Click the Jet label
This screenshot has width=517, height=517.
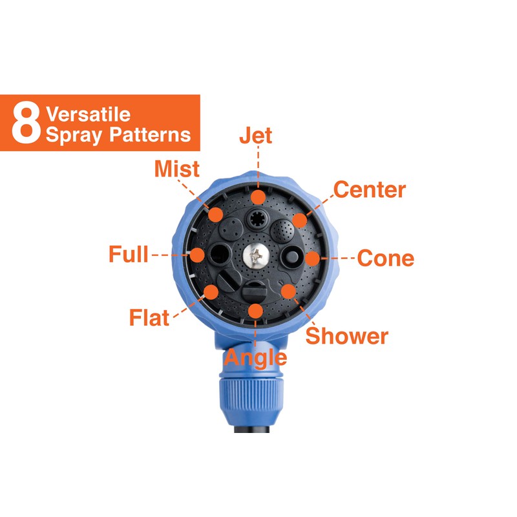pyautogui.click(x=255, y=136)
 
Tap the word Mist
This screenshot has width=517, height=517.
pyautogui.click(x=177, y=169)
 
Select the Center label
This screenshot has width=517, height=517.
pyautogui.click(x=370, y=189)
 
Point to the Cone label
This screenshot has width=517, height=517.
pyautogui.click(x=386, y=258)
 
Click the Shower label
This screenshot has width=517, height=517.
pyautogui.click(x=347, y=336)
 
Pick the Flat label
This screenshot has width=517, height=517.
pyautogui.click(x=149, y=317)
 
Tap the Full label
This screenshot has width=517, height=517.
pyautogui.click(x=129, y=254)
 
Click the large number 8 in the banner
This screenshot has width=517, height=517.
pyautogui.click(x=26, y=123)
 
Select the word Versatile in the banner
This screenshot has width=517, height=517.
pyautogui.click(x=88, y=114)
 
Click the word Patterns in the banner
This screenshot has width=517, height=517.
pyautogui.click(x=150, y=135)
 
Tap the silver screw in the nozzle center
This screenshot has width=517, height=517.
pyautogui.click(x=256, y=256)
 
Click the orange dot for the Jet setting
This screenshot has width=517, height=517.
pyautogui.click(x=258, y=197)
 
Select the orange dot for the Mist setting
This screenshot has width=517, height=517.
pyautogui.click(x=216, y=215)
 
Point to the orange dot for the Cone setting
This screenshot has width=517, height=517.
pyautogui.click(x=313, y=258)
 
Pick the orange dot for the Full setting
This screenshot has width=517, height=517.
pyautogui.click(x=197, y=255)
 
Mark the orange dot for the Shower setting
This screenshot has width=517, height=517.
pyautogui.click(x=288, y=291)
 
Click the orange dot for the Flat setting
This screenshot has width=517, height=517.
pyautogui.click(x=211, y=293)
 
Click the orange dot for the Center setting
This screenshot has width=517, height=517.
pyautogui.click(x=299, y=220)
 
